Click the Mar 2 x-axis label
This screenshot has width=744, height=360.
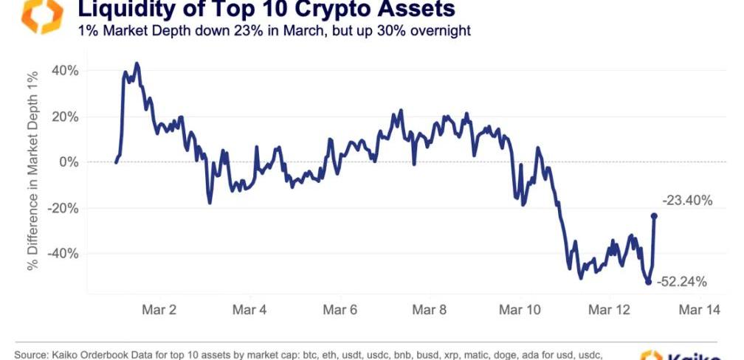tap(159, 310)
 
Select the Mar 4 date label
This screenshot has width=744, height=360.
tap(249, 310)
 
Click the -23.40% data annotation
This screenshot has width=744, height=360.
tap(687, 200)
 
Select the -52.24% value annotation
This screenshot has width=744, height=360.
tap(682, 281)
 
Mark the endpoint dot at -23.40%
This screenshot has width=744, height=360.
tap(654, 216)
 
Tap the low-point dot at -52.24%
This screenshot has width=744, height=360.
tap(648, 282)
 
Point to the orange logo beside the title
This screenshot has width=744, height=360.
tap(42, 16)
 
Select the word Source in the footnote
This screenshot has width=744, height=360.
tap(32, 355)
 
